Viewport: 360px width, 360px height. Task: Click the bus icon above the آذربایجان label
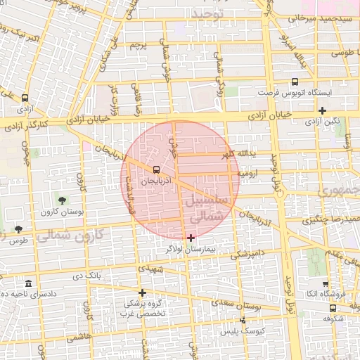[156, 169]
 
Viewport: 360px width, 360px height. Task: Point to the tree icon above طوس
[18, 230]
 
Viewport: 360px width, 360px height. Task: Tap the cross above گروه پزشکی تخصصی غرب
[142, 292]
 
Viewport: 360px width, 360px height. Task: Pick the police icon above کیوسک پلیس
[243, 320]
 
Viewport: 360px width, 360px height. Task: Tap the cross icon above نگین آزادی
[322, 110]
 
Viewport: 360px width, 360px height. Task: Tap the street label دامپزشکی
[249, 252]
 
